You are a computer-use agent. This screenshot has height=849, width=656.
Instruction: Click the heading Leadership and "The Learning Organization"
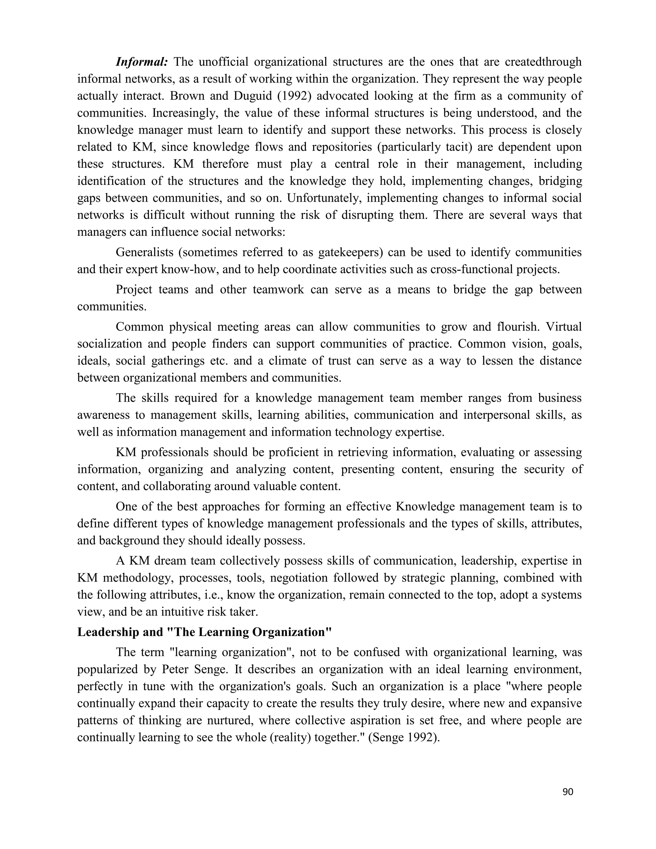204,632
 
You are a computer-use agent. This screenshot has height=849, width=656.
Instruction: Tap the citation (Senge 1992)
404,738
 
